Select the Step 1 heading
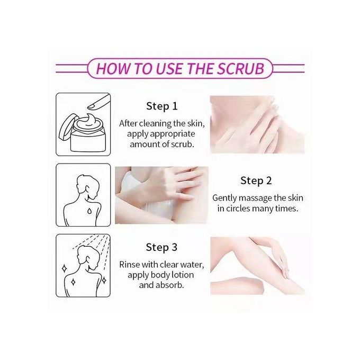[x=162, y=106]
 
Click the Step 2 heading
[x=256, y=181]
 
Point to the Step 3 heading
[x=161, y=248]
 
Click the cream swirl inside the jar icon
[x=88, y=121]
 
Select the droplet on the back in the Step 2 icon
[x=89, y=211]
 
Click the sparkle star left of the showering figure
[x=65, y=268]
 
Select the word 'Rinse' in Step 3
[x=130, y=265]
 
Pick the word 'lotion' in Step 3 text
[x=181, y=275]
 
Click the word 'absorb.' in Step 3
[x=170, y=285]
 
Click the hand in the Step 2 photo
[x=182, y=182]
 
